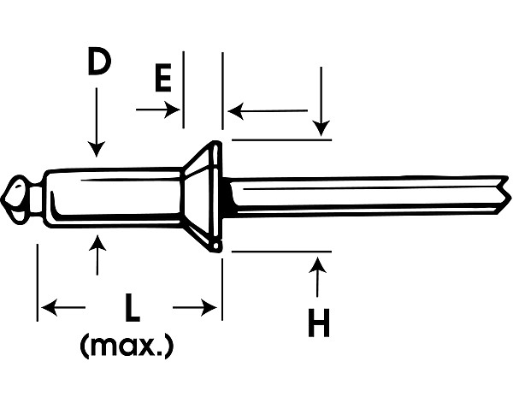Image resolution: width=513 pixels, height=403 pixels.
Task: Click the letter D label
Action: coord(99,62)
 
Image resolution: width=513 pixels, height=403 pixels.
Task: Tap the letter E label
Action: coord(163,78)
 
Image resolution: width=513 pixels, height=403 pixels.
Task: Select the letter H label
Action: coord(318,323)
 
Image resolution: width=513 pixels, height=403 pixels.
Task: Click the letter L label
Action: coord(133,307)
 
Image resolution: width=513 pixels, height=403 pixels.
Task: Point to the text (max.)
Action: coord(126,346)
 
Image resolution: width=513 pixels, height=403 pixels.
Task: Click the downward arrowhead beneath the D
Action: coord(97,149)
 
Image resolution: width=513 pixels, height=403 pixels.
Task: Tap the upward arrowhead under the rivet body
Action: coord(97,243)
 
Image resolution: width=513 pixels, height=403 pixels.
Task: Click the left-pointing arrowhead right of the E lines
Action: coord(236,111)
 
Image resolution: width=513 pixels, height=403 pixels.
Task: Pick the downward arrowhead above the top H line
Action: coord(321,128)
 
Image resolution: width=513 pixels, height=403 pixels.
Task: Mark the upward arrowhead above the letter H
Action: coord(317,265)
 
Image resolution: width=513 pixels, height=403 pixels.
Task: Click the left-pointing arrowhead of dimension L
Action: coord(50,307)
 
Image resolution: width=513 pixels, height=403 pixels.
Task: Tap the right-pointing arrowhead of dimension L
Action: coord(209,307)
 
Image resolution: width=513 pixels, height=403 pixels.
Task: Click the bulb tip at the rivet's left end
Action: coord(15,200)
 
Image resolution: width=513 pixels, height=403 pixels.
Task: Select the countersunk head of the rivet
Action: coord(202,197)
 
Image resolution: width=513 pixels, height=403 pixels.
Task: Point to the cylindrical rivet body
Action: coord(113,198)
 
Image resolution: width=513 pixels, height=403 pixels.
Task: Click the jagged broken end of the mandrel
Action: coord(504,195)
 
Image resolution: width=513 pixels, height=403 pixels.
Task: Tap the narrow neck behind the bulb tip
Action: coord(37,199)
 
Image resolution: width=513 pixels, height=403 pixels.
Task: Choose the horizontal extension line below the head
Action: coord(281,252)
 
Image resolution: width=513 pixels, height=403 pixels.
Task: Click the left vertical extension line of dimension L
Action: coord(38,282)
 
